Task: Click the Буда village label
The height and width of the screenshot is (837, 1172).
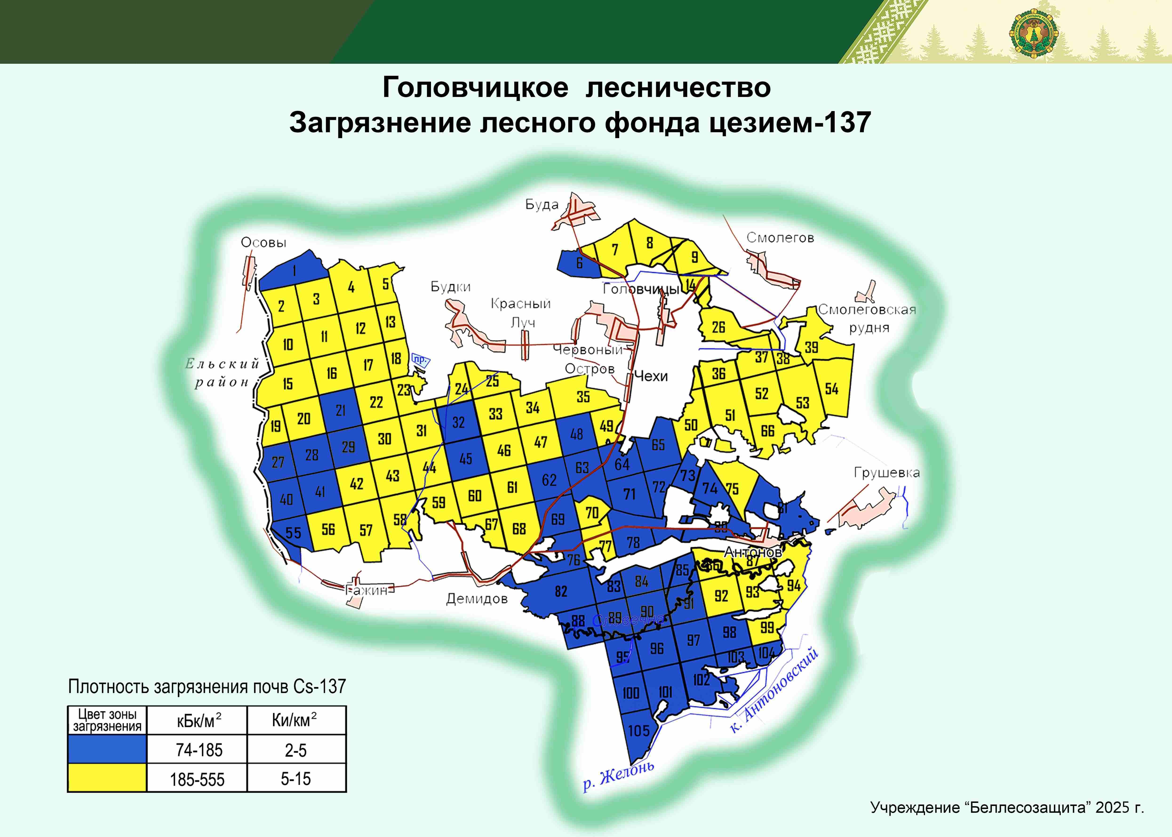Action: click(542, 205)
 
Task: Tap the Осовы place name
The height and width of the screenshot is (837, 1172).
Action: click(263, 243)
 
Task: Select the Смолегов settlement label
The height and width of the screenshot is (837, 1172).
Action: click(780, 238)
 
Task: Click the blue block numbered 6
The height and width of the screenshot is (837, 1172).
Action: click(579, 263)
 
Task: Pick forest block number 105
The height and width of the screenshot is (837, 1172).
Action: click(639, 730)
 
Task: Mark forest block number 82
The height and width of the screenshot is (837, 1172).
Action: click(561, 591)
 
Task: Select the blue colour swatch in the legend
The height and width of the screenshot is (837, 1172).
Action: click(107, 749)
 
